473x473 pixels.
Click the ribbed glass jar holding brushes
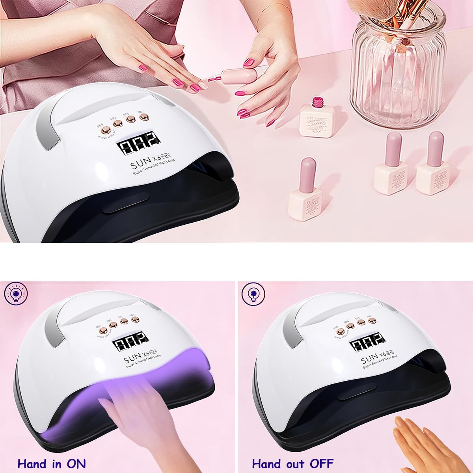(x=398, y=67)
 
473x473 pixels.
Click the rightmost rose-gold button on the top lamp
(x=142, y=117)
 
